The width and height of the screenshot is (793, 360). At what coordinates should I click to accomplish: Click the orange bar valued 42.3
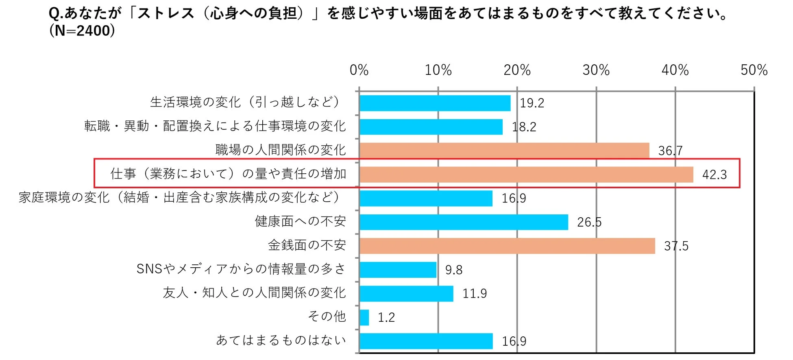point(526,175)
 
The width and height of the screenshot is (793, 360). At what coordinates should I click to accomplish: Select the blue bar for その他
point(364,317)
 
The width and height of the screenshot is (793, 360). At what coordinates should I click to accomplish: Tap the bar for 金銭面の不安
point(507,246)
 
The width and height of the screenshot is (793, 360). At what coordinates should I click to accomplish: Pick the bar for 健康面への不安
point(464,222)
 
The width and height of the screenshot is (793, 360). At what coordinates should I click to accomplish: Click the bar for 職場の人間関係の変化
point(504,151)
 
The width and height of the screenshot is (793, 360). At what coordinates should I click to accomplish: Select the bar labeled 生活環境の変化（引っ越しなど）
point(435,103)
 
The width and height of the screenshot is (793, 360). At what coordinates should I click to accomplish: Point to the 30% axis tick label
point(596,70)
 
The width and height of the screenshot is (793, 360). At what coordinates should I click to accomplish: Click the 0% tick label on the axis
point(359,70)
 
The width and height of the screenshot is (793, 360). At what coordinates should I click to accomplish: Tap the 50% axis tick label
point(754,70)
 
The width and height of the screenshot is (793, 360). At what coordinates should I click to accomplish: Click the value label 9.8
point(454,270)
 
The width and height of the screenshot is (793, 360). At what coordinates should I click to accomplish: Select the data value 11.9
point(475,294)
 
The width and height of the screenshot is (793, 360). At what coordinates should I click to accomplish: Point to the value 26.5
point(589,222)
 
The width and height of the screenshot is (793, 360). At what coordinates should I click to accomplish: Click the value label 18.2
point(524,127)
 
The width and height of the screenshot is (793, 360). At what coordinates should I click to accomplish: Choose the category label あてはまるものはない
point(281,340)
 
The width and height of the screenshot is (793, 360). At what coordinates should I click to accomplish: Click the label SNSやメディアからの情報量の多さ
point(241,269)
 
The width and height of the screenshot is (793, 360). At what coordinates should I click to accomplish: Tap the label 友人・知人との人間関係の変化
point(254,292)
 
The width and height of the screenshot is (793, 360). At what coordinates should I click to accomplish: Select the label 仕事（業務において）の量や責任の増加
point(228,174)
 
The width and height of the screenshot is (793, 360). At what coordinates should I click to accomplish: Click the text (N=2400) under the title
point(82,31)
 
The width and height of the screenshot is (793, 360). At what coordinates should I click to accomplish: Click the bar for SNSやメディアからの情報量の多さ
point(398,270)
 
